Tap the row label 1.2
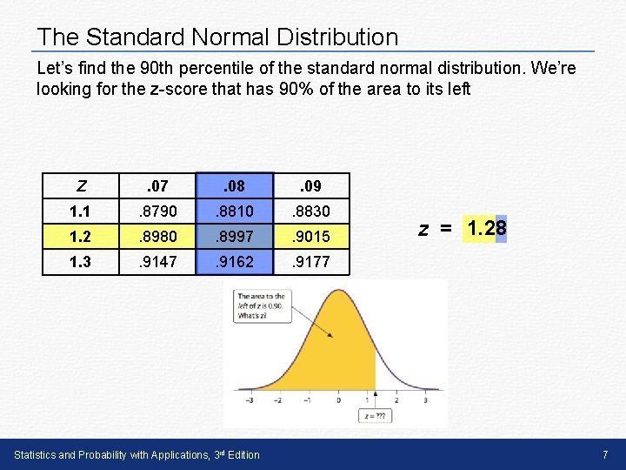pos(80,236)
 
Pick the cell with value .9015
pos(311,236)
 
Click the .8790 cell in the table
pos(157,211)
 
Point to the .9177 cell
pos(311,261)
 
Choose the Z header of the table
pos(81,185)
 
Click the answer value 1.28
pos(486,229)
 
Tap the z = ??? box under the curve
pos(376,416)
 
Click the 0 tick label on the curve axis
pos(335,400)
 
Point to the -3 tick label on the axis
pos(250,400)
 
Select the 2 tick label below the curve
pos(396,400)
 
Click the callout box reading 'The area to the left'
pos(261,305)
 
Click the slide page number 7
pos(605,455)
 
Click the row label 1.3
pos(80,261)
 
